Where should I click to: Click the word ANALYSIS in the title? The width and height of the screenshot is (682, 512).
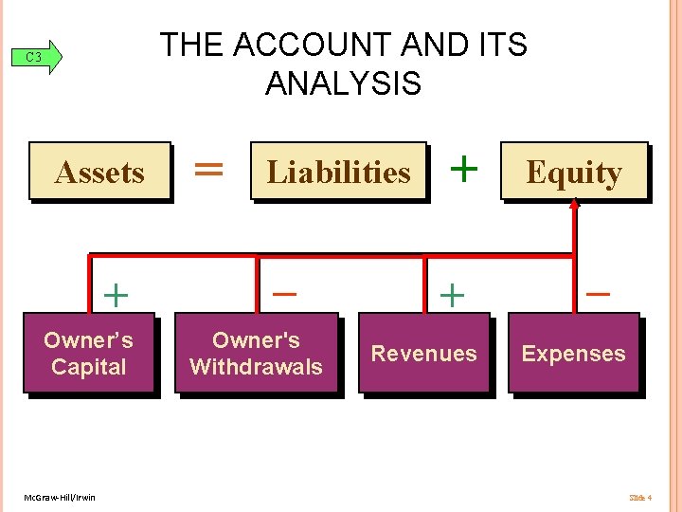(x=343, y=83)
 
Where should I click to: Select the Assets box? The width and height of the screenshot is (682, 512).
(x=99, y=172)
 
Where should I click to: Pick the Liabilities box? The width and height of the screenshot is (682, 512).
(x=339, y=172)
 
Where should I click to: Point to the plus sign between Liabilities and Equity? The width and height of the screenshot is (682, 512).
(x=463, y=169)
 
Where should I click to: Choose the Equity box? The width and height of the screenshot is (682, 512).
(x=573, y=172)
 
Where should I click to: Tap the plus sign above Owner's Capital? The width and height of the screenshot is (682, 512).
(x=116, y=296)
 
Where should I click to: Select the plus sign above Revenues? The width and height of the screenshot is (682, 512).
(x=453, y=296)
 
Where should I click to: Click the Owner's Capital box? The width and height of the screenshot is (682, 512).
(x=88, y=353)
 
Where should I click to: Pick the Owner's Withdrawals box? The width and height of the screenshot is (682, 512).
(x=256, y=353)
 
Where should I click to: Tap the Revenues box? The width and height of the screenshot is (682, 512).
(x=423, y=353)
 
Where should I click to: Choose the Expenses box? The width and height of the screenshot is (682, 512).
(x=573, y=353)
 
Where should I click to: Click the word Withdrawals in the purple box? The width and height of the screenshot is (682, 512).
(x=256, y=367)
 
